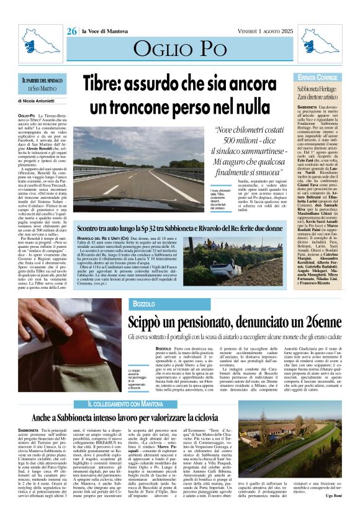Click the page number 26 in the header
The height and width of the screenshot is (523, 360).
pyautogui.click(x=72, y=31)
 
